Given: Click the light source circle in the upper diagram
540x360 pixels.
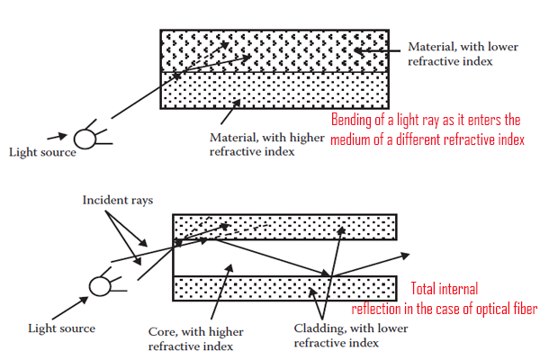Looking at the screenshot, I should [x=85, y=138].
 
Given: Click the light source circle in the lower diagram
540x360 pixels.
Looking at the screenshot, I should [x=100, y=287].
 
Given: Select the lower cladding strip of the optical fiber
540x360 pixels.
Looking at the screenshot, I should [x=284, y=287].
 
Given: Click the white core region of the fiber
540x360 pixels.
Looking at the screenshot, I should [x=270, y=258].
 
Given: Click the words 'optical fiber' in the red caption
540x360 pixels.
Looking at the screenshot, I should [x=503, y=308].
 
